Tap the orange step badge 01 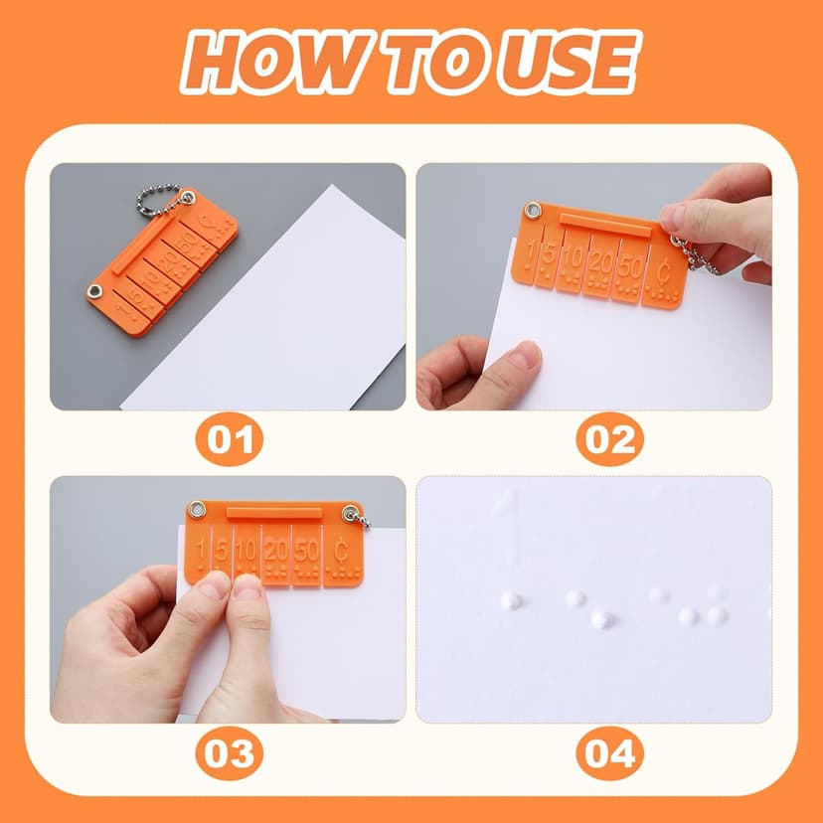[230, 439]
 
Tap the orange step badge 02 [609, 439]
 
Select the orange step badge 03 [230, 753]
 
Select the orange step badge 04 [609, 753]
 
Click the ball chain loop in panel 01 [159, 200]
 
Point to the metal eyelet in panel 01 [95, 290]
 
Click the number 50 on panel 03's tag [306, 549]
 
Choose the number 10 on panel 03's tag [246, 549]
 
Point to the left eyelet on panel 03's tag [197, 510]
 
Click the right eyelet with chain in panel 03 [350, 512]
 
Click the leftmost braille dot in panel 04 [508, 600]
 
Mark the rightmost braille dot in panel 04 [716, 614]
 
